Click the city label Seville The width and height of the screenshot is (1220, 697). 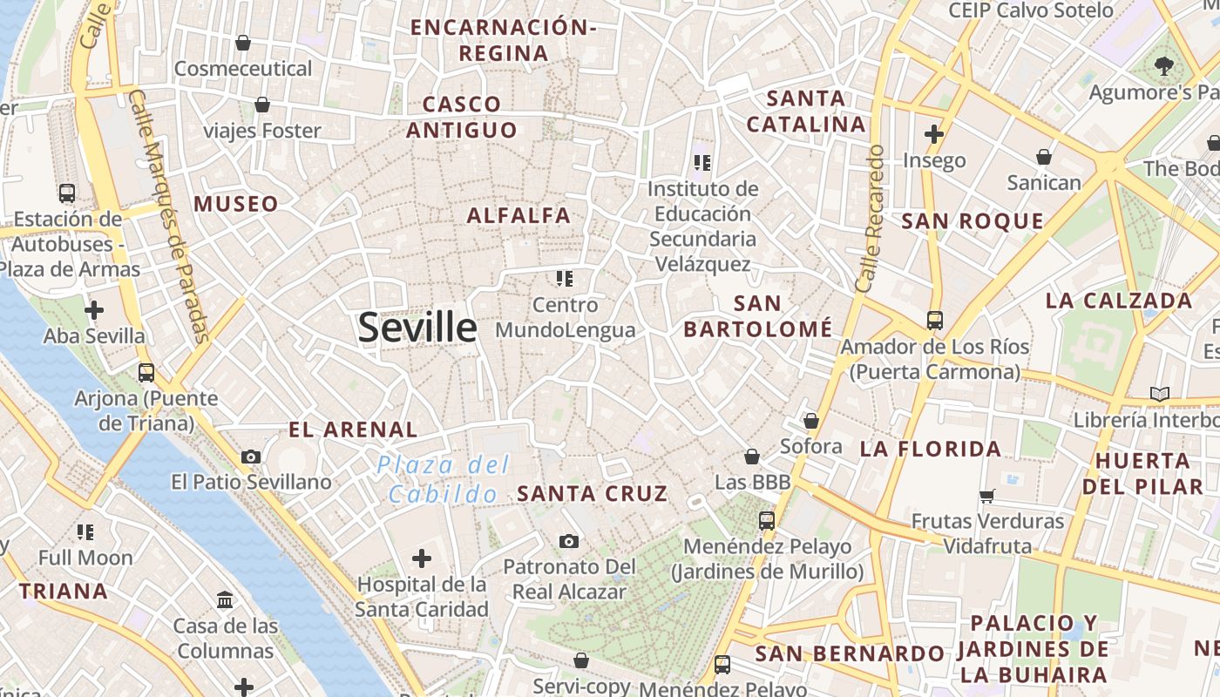click(x=417, y=328)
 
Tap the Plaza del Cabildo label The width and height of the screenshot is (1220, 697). click(x=444, y=479)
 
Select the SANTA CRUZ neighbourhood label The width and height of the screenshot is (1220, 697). click(x=593, y=493)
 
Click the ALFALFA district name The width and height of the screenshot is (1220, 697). click(x=518, y=215)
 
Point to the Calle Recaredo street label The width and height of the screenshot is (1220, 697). click(x=871, y=218)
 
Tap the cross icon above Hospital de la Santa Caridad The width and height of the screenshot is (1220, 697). click(x=422, y=558)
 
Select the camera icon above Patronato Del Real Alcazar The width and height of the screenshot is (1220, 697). click(x=569, y=541)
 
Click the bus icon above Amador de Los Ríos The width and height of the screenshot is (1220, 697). click(x=934, y=320)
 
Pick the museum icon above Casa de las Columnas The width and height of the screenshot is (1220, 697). click(x=225, y=599)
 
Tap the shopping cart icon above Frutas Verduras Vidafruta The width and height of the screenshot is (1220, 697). click(x=987, y=496)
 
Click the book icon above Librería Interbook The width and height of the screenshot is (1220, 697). click(x=1159, y=394)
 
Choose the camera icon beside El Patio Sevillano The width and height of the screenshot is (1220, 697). click(x=251, y=457)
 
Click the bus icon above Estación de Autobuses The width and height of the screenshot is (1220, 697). click(x=67, y=193)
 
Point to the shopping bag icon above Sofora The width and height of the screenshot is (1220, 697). click(x=811, y=421)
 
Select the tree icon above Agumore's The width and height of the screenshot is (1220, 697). click(x=1163, y=64)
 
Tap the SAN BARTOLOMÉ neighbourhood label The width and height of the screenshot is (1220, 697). click(x=757, y=316)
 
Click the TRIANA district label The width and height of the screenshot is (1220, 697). click(x=64, y=592)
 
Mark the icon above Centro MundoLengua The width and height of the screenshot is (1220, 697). click(x=565, y=279)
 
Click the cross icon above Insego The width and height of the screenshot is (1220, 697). click(x=934, y=134)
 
